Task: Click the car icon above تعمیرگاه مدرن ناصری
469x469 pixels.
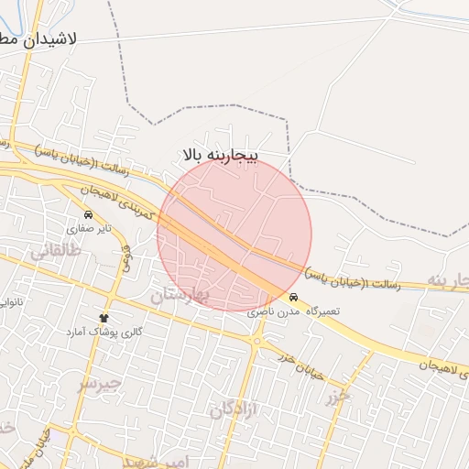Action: (292, 299)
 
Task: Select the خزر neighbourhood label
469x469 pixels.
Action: (335, 397)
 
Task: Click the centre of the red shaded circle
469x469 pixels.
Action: (234, 234)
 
